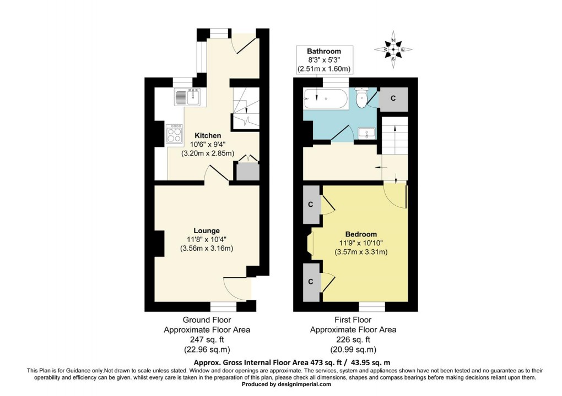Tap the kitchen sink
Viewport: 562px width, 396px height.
[x=187, y=97]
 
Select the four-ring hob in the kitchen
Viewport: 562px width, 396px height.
[x=175, y=134]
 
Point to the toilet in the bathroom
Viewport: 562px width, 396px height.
[x=362, y=98]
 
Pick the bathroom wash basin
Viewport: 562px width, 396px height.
[x=365, y=133]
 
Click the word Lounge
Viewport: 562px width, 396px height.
[x=206, y=230]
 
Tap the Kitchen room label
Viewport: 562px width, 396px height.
[x=208, y=135]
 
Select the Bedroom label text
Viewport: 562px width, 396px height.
[x=361, y=234]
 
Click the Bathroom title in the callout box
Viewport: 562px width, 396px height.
[x=325, y=51]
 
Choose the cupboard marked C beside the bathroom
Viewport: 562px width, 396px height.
[x=393, y=98]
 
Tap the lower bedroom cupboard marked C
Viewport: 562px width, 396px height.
[x=311, y=282]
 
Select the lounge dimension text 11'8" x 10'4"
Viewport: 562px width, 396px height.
[x=206, y=239]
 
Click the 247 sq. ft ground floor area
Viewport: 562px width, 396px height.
[x=207, y=340]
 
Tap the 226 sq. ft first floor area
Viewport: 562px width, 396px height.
[x=353, y=340]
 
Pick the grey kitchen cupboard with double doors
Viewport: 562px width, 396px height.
[x=247, y=172]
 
